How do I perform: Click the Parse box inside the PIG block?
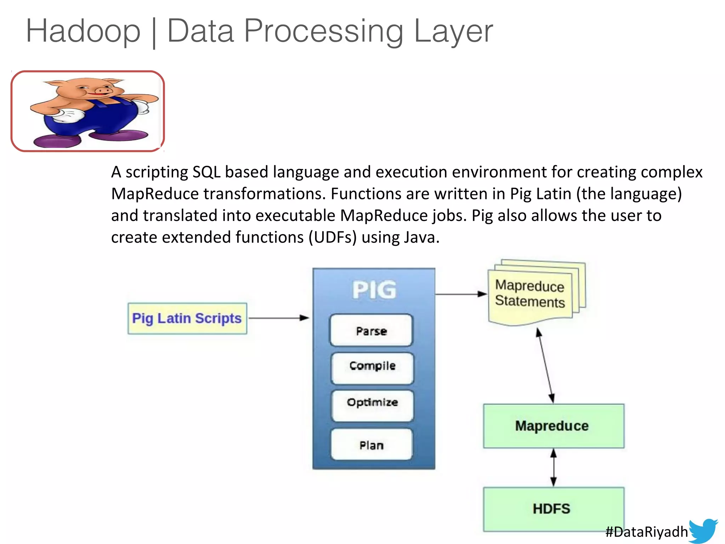pyautogui.click(x=371, y=330)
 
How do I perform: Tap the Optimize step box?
pyautogui.click(x=372, y=406)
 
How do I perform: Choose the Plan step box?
pyautogui.click(x=371, y=444)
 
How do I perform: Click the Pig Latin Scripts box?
pyautogui.click(x=187, y=318)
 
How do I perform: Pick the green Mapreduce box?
pyautogui.click(x=553, y=426)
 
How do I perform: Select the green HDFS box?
pyautogui.click(x=553, y=509)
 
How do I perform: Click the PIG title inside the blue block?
pyautogui.click(x=374, y=290)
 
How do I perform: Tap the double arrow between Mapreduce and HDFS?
pyautogui.click(x=554, y=467)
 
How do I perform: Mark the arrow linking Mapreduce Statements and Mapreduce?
pyautogui.click(x=546, y=365)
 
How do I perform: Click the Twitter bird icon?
pyautogui.click(x=704, y=530)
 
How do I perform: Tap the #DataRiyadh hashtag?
pyautogui.click(x=646, y=532)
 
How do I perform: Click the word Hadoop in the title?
pyautogui.click(x=83, y=31)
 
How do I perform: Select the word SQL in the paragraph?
pyautogui.click(x=206, y=172)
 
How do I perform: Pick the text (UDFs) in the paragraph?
pyautogui.click(x=332, y=237)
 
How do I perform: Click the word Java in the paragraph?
pyautogui.click(x=421, y=237)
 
